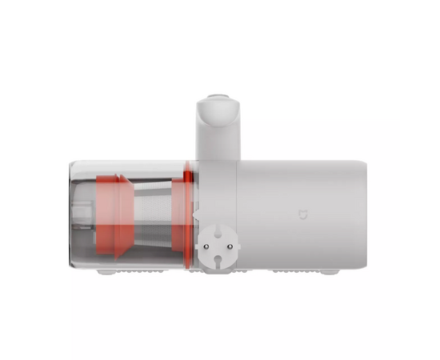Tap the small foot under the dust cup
click(x=106, y=271)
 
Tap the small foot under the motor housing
click(x=328, y=271)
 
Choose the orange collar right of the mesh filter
click(x=188, y=212)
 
